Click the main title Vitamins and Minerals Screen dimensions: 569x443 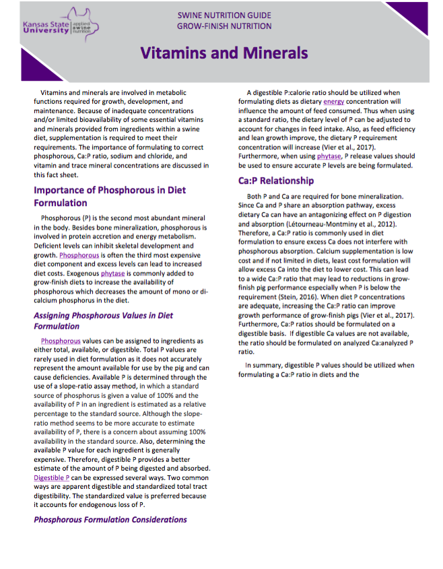(224, 53)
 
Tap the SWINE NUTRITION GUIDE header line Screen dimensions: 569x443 (225, 14)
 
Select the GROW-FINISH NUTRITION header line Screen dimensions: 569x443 (225, 26)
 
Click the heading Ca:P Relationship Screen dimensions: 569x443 (276, 180)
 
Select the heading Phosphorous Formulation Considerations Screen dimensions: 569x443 (110, 519)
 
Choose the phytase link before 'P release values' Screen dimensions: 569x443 (329, 156)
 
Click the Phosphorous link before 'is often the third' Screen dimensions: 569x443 (79, 256)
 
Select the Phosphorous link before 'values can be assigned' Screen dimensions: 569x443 (61, 341)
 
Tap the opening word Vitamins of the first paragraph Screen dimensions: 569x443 (55, 92)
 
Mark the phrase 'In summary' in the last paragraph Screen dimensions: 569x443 (263, 365)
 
